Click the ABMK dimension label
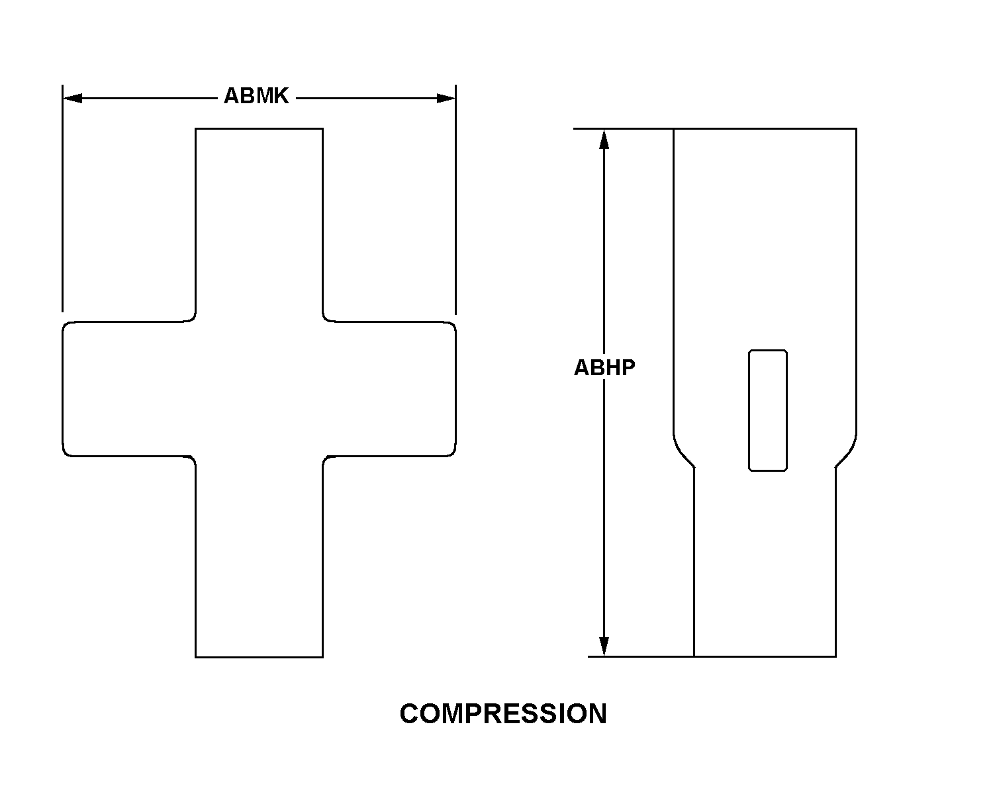pos(256,96)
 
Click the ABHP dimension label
pos(604,368)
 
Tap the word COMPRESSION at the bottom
pos(503,714)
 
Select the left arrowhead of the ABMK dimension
pos(72,99)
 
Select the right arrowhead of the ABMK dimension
pos(446,99)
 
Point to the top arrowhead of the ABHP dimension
pos(604,139)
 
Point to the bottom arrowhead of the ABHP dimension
pos(604,646)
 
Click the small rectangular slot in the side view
pos(768,411)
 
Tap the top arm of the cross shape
pos(259,224)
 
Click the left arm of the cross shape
pos(128,389)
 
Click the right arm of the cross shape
pos(389,389)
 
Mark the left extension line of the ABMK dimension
pos(63,198)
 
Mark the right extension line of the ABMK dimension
pos(456,199)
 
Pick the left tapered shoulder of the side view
pos(683,451)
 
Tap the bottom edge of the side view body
pos(765,656)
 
